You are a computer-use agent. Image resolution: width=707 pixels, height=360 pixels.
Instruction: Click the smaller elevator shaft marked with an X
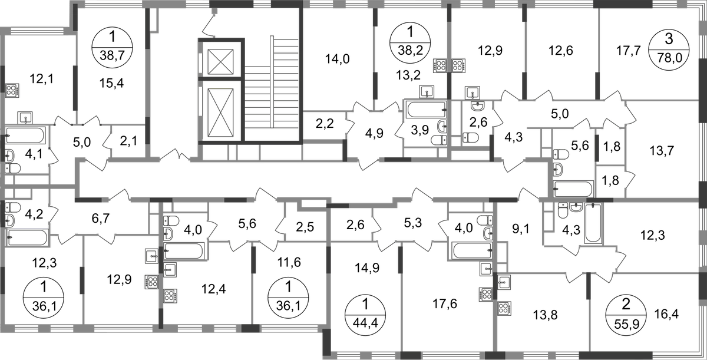pyautogui.click(x=222, y=60)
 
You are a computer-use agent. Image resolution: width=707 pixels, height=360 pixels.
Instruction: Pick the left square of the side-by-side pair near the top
pyautogui.click(x=438, y=64)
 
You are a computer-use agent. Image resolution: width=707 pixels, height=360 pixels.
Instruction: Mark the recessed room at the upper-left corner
pyautogui.click(x=38, y=71)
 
